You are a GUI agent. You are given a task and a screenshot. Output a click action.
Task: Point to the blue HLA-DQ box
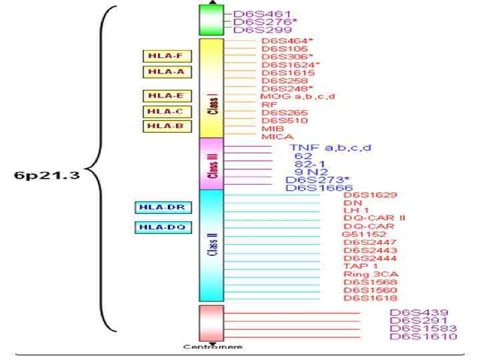click(160, 227)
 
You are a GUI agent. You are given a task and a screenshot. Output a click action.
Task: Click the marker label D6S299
click(253, 30)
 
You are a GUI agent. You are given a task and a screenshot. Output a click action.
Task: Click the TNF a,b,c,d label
click(329, 147)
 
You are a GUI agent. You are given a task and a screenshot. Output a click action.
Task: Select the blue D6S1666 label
click(319, 188)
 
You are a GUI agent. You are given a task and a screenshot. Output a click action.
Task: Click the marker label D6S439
click(419, 313)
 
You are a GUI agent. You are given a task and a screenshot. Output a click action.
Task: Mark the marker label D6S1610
click(423, 337)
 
